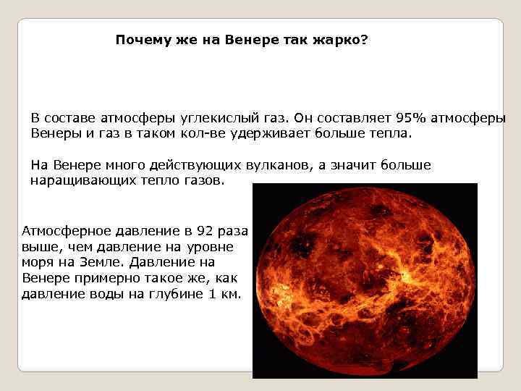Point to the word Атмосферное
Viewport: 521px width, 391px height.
coord(67,232)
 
